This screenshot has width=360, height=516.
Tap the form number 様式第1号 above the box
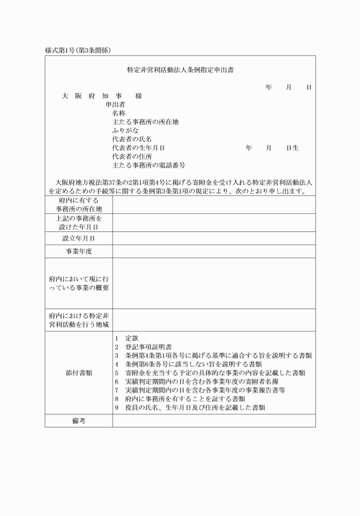78,50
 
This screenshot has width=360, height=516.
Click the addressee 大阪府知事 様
102,96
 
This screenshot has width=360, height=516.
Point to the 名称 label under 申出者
120,113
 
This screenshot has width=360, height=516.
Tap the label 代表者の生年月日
138,148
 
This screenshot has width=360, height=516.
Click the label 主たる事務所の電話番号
149,165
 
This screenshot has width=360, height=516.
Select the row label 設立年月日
78,238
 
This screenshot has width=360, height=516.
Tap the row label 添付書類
78,373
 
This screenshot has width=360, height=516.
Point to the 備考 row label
78,421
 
